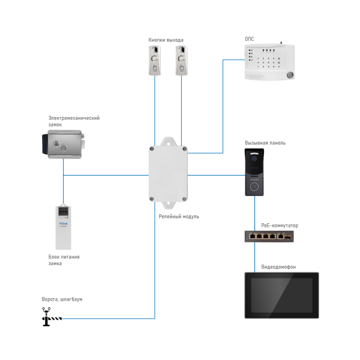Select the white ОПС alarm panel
click(x=269, y=62)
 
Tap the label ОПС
click(x=249, y=39)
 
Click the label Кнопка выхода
click(x=166, y=40)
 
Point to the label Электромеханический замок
click(x=73, y=121)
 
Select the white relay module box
click(x=168, y=172)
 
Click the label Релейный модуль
click(x=179, y=216)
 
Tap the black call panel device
click(x=254, y=173)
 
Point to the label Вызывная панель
click(x=265, y=143)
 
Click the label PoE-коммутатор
click(x=280, y=226)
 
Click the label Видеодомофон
click(x=279, y=266)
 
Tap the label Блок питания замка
click(x=64, y=259)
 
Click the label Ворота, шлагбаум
click(x=62, y=299)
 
